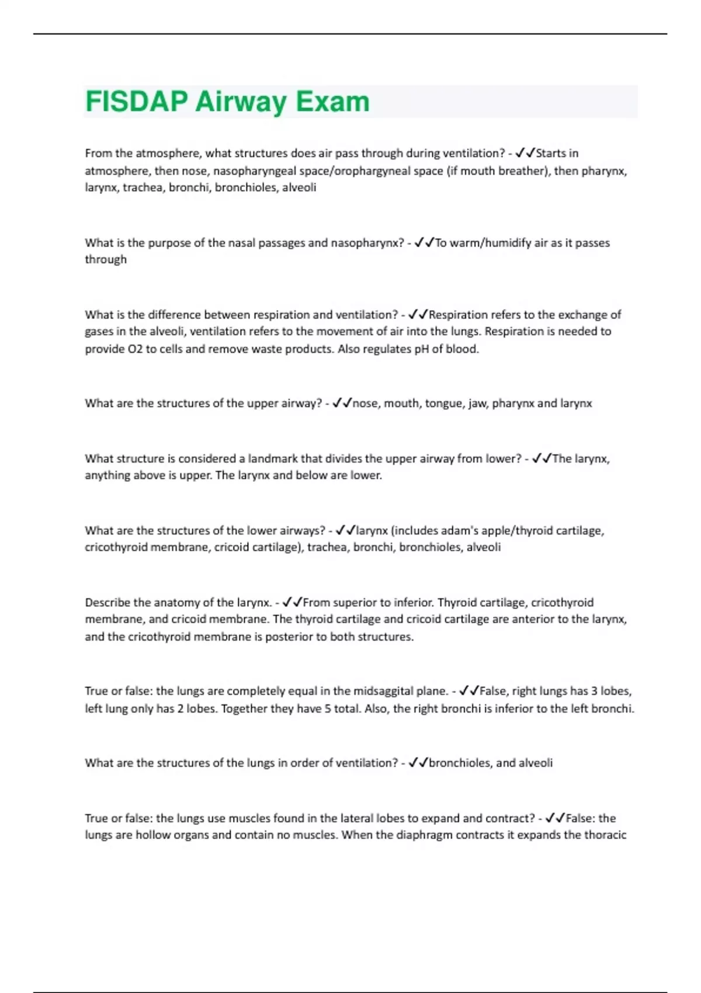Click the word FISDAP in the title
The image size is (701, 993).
click(137, 102)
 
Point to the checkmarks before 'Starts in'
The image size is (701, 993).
click(525, 153)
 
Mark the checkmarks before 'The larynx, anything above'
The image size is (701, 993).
click(542, 459)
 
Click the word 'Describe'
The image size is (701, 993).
click(108, 603)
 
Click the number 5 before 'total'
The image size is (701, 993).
click(328, 709)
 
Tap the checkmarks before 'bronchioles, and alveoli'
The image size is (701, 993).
click(418, 763)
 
